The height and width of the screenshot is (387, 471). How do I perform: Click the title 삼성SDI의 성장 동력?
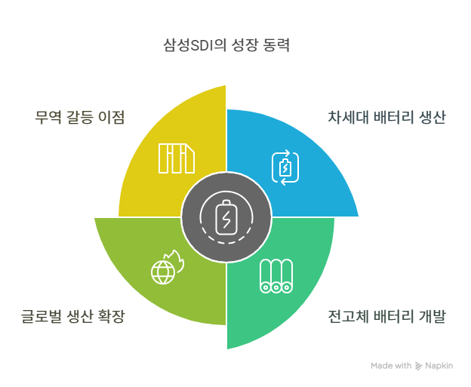click(226, 45)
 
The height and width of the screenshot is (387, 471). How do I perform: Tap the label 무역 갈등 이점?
click(79, 118)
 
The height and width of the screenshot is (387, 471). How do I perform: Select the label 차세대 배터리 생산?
click(387, 118)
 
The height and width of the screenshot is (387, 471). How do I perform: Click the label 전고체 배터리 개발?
click(387, 316)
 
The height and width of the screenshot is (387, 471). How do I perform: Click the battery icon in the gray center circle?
click(226, 219)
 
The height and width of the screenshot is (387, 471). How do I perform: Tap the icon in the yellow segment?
click(176, 158)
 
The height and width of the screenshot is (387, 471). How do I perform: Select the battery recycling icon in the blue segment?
click(285, 167)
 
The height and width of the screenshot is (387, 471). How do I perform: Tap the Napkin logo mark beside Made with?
click(419, 366)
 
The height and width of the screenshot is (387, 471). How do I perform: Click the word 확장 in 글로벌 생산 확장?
click(110, 316)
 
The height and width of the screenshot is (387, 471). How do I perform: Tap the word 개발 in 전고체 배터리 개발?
click(431, 316)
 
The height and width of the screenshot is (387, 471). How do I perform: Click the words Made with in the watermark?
click(391, 366)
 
